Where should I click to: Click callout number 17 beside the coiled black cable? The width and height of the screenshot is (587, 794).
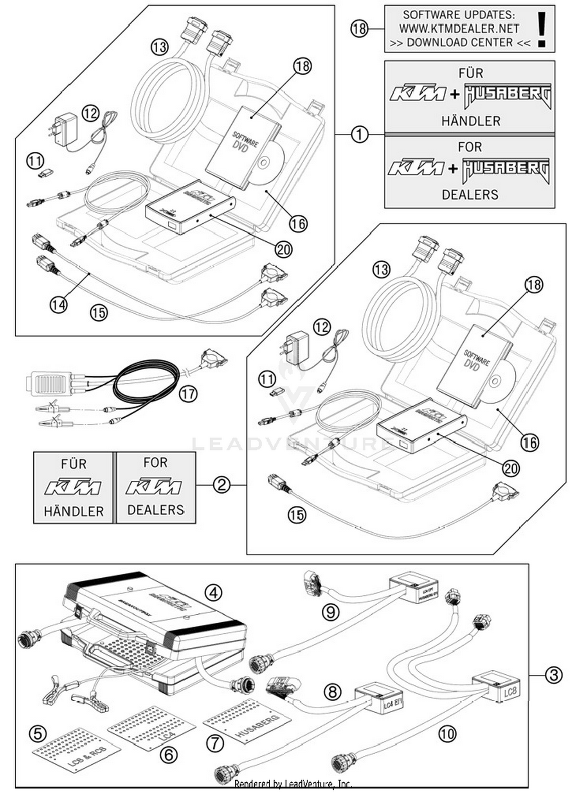pyautogui.click(x=188, y=393)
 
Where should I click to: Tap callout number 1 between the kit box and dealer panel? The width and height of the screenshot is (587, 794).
pyautogui.click(x=359, y=135)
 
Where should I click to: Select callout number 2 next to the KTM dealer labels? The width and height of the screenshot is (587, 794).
pyautogui.click(x=221, y=485)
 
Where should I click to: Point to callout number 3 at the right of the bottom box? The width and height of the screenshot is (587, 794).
pyautogui.click(x=553, y=675)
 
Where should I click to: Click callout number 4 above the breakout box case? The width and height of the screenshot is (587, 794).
pyautogui.click(x=213, y=593)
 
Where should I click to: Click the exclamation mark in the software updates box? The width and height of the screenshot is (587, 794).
pyautogui.click(x=542, y=29)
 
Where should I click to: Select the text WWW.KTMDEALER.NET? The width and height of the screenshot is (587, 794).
pyautogui.click(x=459, y=29)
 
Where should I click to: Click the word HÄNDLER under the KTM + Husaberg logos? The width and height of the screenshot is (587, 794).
pyautogui.click(x=471, y=121)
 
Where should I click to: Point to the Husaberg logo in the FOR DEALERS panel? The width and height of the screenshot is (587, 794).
pyautogui.click(x=506, y=170)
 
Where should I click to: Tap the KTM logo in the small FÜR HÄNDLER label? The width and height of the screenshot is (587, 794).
pyautogui.click(x=73, y=488)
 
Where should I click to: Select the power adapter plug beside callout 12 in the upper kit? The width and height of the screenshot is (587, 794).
pyautogui.click(x=65, y=128)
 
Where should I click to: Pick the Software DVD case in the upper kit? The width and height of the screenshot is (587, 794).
pyautogui.click(x=243, y=147)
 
